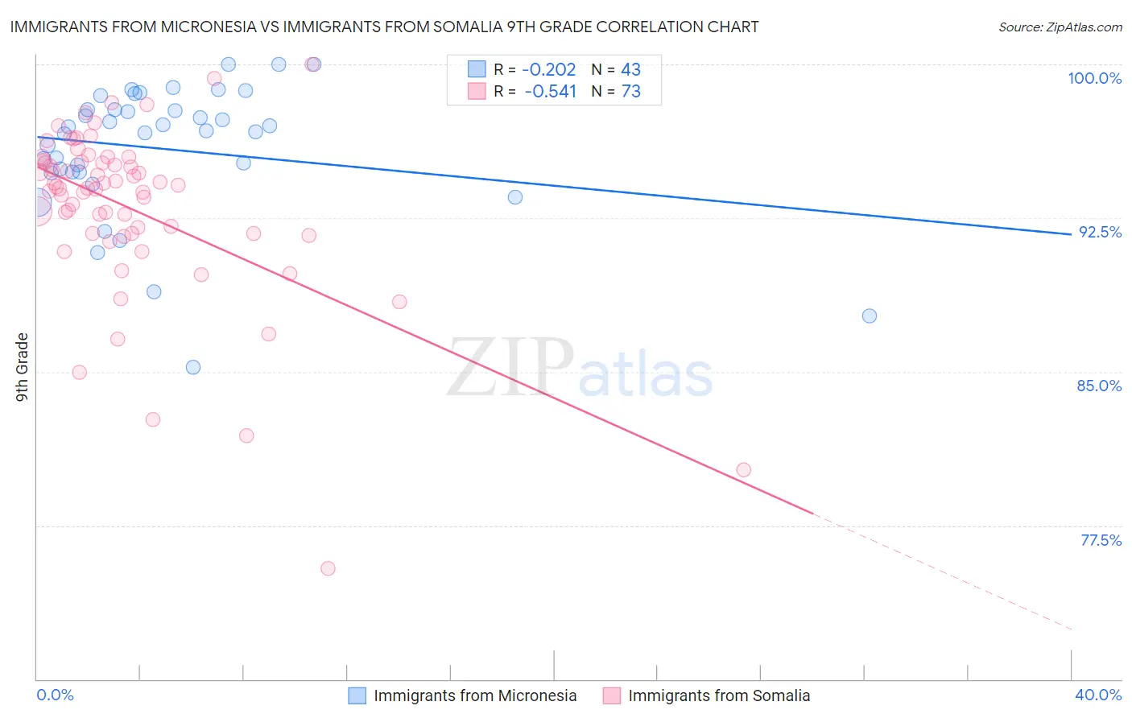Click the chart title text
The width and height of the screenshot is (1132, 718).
tap(384, 27)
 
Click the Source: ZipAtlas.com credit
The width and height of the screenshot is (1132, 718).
tap(1060, 27)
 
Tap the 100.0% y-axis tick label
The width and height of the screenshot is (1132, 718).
tap(1094, 78)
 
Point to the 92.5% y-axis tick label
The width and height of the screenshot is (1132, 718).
tap(1100, 232)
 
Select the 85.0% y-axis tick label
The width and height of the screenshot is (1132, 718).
tap(1099, 386)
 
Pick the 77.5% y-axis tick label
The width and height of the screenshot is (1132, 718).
tap(1101, 540)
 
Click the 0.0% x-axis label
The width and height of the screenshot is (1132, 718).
tap(56, 695)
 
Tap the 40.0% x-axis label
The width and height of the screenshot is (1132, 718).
tap(1098, 695)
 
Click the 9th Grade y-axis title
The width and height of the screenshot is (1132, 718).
tap(22, 366)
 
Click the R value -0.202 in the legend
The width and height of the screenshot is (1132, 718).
tap(550, 70)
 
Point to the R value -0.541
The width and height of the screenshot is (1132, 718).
tap(550, 92)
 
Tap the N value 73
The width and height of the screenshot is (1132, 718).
tap(630, 92)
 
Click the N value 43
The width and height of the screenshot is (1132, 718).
tap(630, 70)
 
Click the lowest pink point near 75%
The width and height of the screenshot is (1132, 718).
tap(328, 568)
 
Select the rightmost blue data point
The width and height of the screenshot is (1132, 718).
tap(870, 316)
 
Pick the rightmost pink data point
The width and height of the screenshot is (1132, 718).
tap(744, 469)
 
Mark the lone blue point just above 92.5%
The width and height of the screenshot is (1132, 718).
tap(515, 197)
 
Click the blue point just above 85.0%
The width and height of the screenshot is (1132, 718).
tap(193, 367)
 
